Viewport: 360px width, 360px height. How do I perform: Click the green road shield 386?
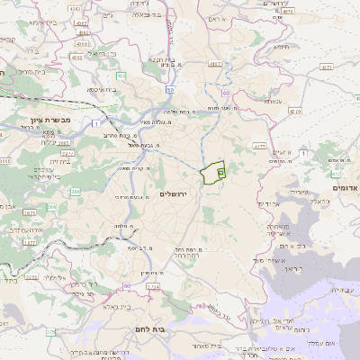point(76,192)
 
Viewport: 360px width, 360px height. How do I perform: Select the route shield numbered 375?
point(51,332)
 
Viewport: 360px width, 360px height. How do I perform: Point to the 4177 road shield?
point(259,144)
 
